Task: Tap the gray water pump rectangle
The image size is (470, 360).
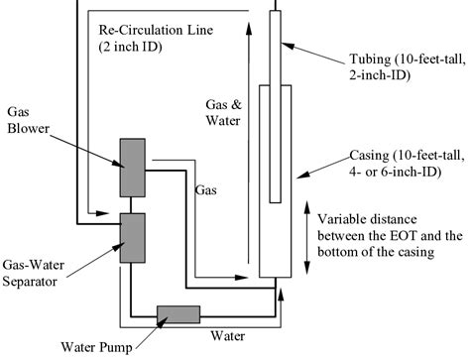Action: [178, 314]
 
